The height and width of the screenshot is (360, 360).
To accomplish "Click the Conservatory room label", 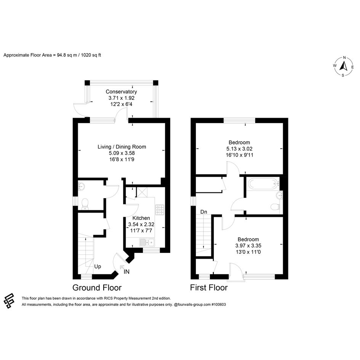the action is (121, 91).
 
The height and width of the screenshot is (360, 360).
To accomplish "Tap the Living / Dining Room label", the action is (122, 147).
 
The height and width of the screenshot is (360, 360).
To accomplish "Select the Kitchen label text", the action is (141, 218).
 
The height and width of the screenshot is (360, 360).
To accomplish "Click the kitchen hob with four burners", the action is (160, 210).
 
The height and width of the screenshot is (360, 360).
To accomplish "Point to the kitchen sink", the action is (147, 242).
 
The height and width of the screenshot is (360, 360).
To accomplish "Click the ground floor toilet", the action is (85, 204).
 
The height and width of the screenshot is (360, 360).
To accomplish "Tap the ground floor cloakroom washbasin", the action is (81, 186).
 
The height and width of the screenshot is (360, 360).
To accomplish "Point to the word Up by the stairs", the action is (98, 267).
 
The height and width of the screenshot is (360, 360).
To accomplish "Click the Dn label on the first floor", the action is (204, 212).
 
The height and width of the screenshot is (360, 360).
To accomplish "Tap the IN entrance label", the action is (126, 272).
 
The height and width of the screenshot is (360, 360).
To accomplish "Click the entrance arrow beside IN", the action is (122, 267).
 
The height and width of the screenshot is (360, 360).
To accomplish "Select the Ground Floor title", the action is (97, 288).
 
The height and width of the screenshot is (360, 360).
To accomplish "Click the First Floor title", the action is (209, 288).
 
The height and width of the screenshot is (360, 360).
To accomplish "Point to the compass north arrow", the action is (344, 66).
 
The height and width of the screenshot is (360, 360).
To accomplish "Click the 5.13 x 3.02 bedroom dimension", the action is (239, 149).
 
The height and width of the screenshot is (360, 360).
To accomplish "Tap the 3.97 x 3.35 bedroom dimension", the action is (248, 246).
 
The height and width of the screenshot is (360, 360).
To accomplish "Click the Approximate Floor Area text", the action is (52, 55).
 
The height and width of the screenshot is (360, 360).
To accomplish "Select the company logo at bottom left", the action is (9, 301).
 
